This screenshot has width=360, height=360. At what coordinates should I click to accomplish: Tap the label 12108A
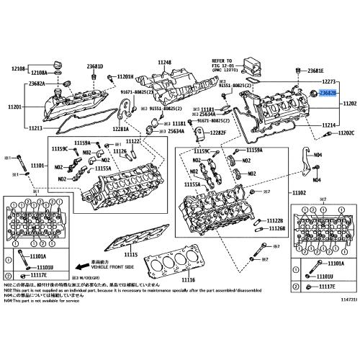coord(39,73)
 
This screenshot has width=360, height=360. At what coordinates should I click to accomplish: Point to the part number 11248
coord(165,63)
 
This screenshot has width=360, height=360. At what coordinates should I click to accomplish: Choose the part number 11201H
coord(125,76)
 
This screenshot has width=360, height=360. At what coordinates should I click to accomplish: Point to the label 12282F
coord(215,133)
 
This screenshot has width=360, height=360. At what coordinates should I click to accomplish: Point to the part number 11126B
coord(276,228)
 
